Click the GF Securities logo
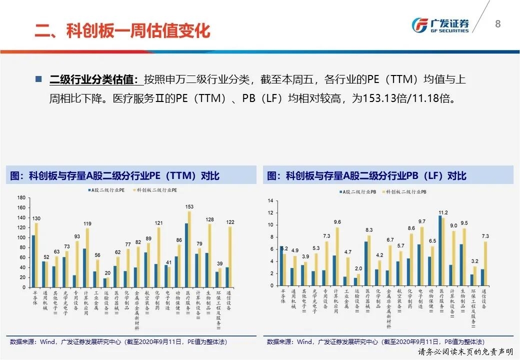pyautogui.click(x=440, y=25)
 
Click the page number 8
pyautogui.click(x=497, y=24)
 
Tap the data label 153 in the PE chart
pyautogui.click(x=189, y=206)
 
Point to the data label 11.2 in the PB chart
pyautogui.click(x=443, y=212)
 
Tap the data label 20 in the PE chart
pyautogui.click(x=107, y=273)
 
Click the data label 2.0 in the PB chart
pyautogui.click(x=358, y=268)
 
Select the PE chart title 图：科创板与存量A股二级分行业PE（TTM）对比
pyautogui.click(x=115, y=176)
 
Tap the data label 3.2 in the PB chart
pyautogui.click(x=474, y=261)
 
